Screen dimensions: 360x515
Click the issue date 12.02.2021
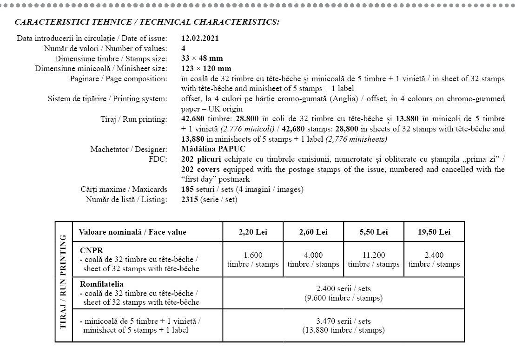click(x=200, y=39)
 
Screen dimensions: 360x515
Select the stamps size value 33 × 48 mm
click(x=202, y=59)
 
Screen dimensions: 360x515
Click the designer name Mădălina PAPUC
click(x=213, y=149)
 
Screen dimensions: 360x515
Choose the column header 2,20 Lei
click(x=253, y=232)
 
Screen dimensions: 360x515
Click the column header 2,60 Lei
click(x=313, y=232)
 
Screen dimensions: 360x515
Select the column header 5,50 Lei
click(x=373, y=232)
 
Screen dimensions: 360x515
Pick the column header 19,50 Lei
click(x=434, y=232)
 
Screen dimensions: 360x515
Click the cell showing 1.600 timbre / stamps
click(x=253, y=260)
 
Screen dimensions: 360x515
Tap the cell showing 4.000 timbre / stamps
click(x=313, y=260)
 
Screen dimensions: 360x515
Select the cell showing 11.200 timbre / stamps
click(x=373, y=260)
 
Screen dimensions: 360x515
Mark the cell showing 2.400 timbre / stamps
click(x=434, y=260)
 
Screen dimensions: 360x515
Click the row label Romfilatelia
click(x=101, y=284)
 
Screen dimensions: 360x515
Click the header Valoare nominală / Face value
click(x=132, y=232)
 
